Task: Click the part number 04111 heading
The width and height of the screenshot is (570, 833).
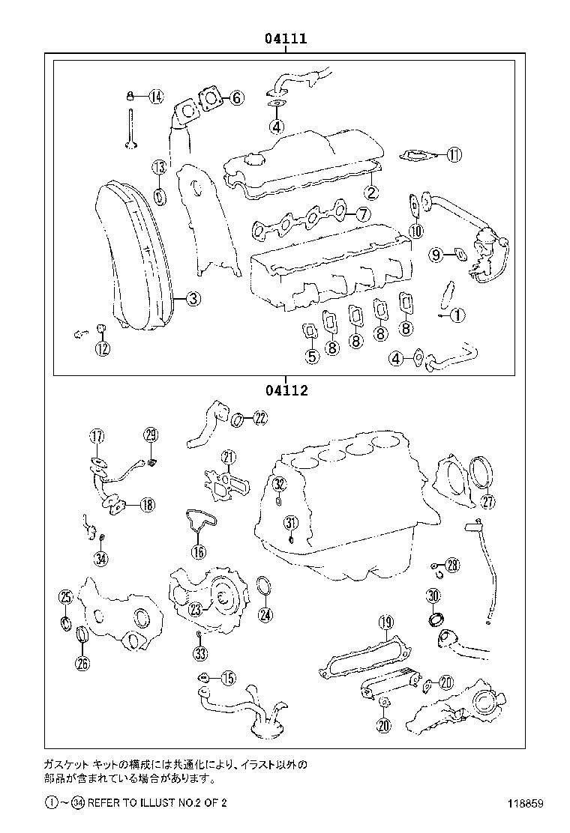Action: click(x=285, y=38)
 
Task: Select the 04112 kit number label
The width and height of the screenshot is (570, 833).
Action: click(x=285, y=390)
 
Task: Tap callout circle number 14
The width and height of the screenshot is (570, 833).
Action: click(x=155, y=96)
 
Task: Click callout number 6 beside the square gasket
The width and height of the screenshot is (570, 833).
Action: click(x=236, y=97)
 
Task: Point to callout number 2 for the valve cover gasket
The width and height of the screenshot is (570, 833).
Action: click(x=372, y=193)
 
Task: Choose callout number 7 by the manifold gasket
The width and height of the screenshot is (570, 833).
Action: click(x=362, y=214)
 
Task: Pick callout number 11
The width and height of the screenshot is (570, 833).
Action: click(x=454, y=155)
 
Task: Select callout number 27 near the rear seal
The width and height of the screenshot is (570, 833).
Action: click(x=487, y=501)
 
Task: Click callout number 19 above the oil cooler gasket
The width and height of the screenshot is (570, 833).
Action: click(x=385, y=622)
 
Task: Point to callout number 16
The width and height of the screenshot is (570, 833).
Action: click(x=198, y=552)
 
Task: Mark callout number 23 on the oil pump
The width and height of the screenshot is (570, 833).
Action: click(x=195, y=610)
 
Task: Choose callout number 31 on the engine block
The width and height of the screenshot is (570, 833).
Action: click(x=291, y=523)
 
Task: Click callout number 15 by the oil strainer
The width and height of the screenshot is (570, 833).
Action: click(x=227, y=678)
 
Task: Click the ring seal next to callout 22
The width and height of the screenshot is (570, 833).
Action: click(x=236, y=419)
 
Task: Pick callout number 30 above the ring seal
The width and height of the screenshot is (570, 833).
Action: click(x=433, y=596)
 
